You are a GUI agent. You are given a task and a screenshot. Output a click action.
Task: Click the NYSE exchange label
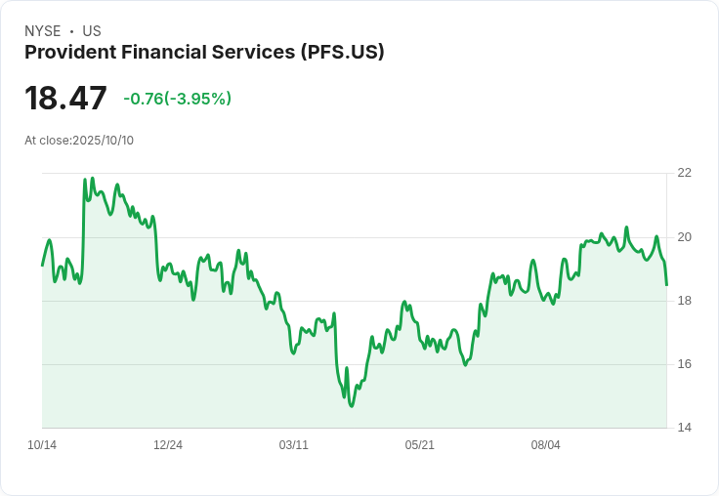pyautogui.click(x=42, y=31)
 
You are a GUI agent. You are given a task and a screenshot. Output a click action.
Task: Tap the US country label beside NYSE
pyautogui.click(x=92, y=31)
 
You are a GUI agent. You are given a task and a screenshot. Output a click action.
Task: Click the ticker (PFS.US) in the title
pyautogui.click(x=341, y=52)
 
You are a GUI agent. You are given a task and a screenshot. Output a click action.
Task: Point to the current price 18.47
pyautogui.click(x=65, y=98)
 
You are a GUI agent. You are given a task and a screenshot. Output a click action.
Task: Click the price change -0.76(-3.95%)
pyautogui.click(x=177, y=99)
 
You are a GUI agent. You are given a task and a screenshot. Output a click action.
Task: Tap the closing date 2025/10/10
pyautogui.click(x=103, y=141)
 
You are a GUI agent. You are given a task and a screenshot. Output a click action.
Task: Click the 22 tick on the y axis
pyautogui.click(x=684, y=173)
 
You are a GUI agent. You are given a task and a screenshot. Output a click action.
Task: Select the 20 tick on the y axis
pyautogui.click(x=684, y=236)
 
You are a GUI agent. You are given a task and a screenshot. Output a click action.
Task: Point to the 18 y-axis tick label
pyautogui.click(x=684, y=301)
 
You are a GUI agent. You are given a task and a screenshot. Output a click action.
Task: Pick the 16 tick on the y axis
pyautogui.click(x=684, y=364)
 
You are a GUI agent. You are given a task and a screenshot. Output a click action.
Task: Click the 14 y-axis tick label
pyautogui.click(x=684, y=428)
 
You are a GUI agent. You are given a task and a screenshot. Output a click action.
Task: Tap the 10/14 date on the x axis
pyautogui.click(x=42, y=445)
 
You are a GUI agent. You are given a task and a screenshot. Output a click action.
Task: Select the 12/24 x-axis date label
pyautogui.click(x=168, y=445)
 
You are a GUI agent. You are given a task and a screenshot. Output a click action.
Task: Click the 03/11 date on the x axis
pyautogui.click(x=293, y=445)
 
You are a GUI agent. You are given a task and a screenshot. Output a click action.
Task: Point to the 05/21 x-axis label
pyautogui.click(x=419, y=445)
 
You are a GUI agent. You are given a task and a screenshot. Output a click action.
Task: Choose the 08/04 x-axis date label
pyautogui.click(x=545, y=445)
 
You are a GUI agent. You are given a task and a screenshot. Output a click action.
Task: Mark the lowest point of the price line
pyautogui.click(x=351, y=405)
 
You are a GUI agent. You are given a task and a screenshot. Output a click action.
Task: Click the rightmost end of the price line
pyautogui.click(x=666, y=285)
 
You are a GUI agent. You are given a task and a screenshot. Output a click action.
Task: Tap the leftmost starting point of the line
pyautogui.click(x=42, y=265)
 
